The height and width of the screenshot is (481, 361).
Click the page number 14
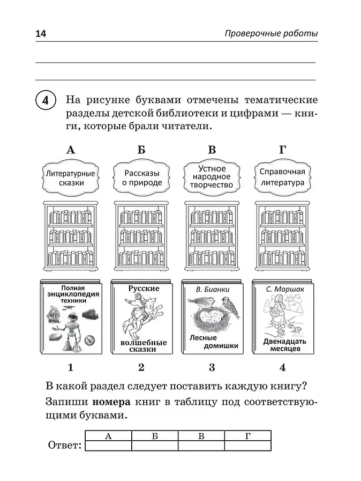click(x=41, y=34)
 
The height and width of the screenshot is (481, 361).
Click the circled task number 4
click(x=45, y=100)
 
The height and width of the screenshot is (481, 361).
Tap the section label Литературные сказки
click(x=70, y=178)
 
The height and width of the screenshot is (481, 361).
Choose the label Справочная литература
click(x=282, y=177)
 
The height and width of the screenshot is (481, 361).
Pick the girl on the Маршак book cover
click(x=279, y=316)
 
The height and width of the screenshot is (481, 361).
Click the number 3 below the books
click(x=212, y=367)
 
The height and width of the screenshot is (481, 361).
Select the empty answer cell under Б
click(x=154, y=445)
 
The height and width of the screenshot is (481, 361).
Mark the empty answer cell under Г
click(x=247, y=445)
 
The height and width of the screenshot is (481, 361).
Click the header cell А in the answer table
click(x=108, y=435)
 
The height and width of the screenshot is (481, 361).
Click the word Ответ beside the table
click(x=64, y=445)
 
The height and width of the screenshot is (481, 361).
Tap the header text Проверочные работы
click(x=270, y=34)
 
